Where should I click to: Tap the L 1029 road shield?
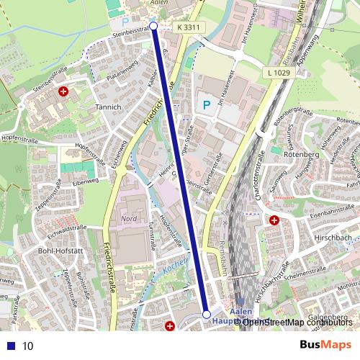pos(278,74)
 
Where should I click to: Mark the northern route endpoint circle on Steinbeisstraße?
pos(153,26)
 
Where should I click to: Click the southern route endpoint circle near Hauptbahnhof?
pos(207,315)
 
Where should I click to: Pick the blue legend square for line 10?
pos(10,346)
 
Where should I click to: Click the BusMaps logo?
pos(325,345)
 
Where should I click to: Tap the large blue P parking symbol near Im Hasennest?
pos(207,105)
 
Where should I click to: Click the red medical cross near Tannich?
pos(64,92)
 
